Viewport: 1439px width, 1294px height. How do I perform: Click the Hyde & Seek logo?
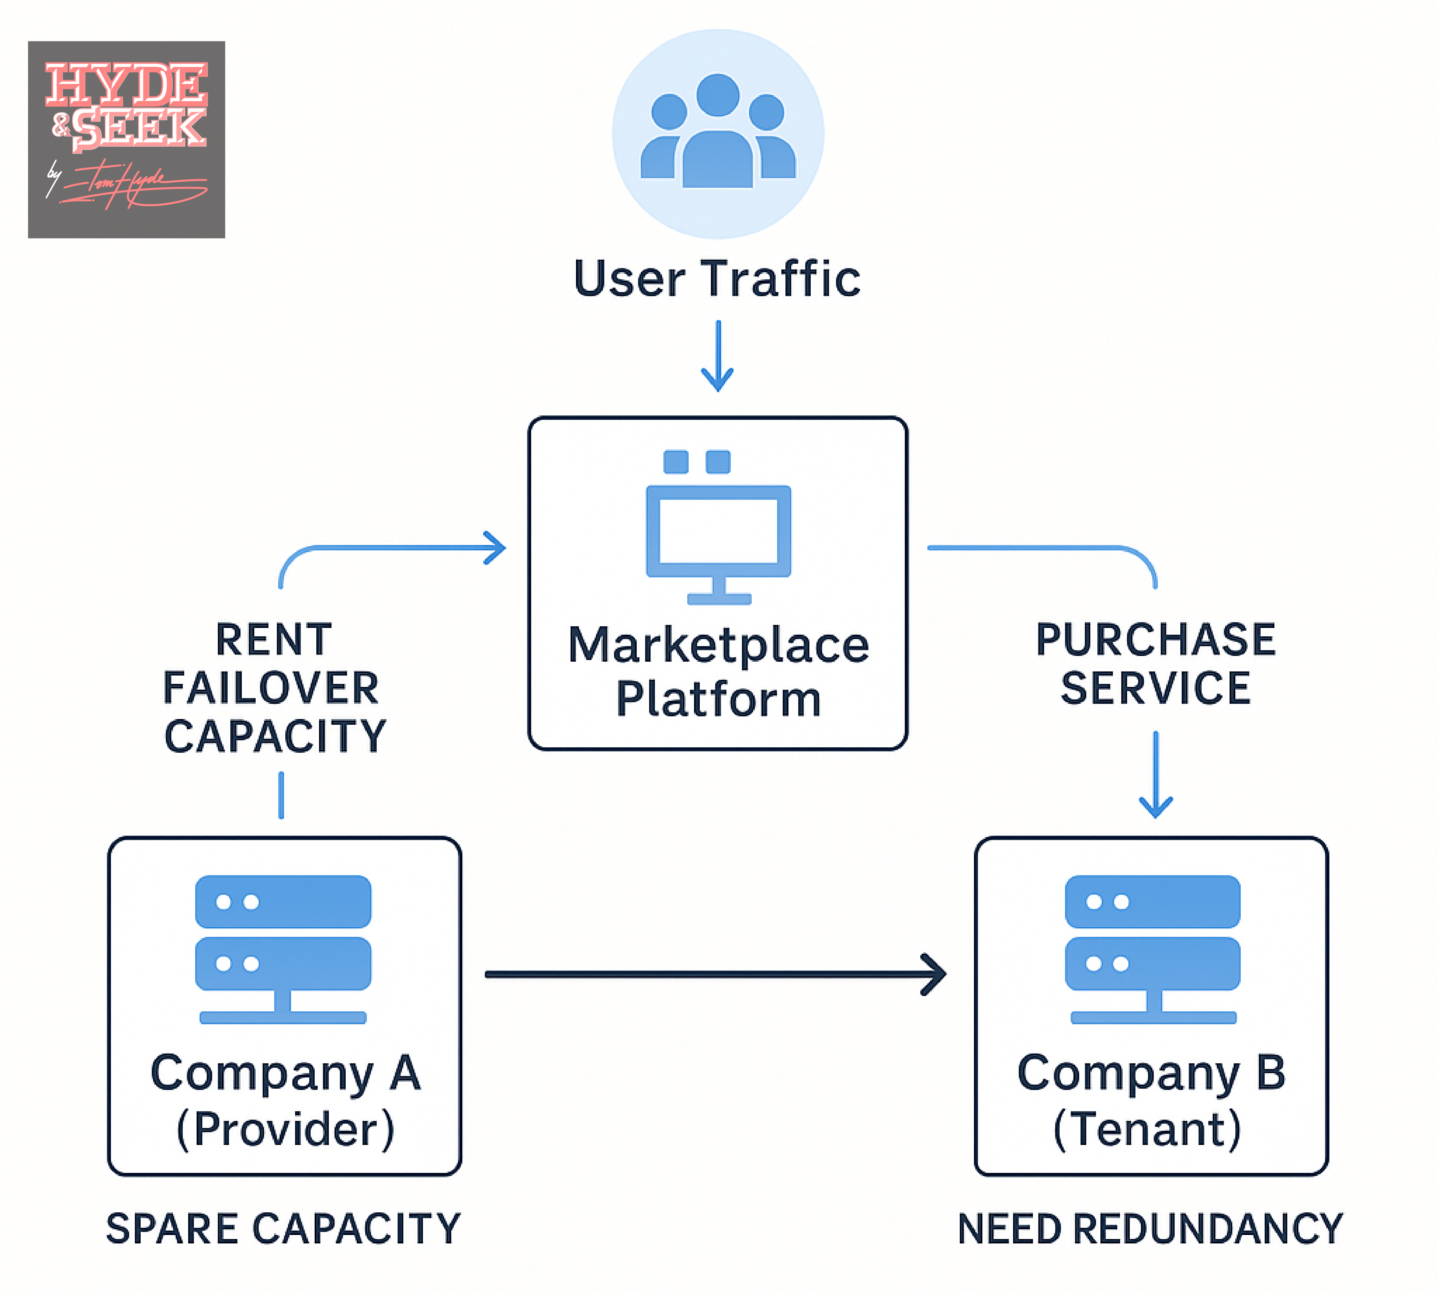(x=126, y=139)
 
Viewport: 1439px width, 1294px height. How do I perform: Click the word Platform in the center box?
(x=718, y=699)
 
